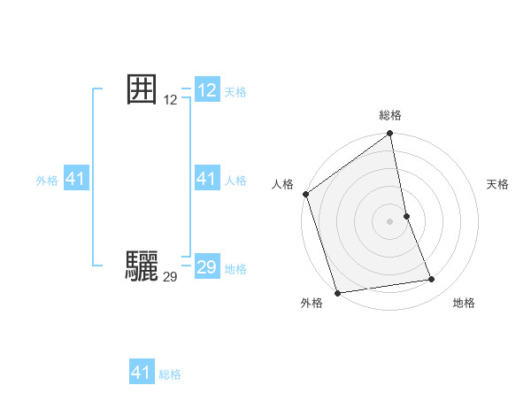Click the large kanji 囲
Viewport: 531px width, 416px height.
click(x=142, y=89)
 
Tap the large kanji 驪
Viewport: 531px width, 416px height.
click(x=142, y=266)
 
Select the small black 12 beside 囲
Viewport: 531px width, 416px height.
click(x=171, y=101)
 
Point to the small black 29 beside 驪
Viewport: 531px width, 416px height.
click(x=171, y=277)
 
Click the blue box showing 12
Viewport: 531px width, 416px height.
click(x=207, y=90)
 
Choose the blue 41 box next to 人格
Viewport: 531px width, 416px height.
click(x=207, y=179)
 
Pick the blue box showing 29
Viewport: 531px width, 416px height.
click(x=207, y=267)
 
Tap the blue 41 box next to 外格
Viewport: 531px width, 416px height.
click(x=76, y=179)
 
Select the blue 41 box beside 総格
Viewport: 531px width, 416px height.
click(x=142, y=373)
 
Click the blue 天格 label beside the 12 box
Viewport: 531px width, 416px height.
click(x=236, y=92)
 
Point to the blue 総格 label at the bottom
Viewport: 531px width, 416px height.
click(x=170, y=374)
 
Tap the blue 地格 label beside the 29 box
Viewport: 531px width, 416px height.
click(x=236, y=269)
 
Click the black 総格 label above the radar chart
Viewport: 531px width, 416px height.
click(x=390, y=116)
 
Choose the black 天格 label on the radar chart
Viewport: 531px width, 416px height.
click(x=498, y=184)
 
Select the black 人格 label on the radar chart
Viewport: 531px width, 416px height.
click(x=282, y=184)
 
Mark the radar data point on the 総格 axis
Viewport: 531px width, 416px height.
click(x=390, y=135)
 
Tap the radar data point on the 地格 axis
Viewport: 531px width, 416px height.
click(x=432, y=280)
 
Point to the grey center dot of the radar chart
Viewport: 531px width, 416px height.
click(x=390, y=221)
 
